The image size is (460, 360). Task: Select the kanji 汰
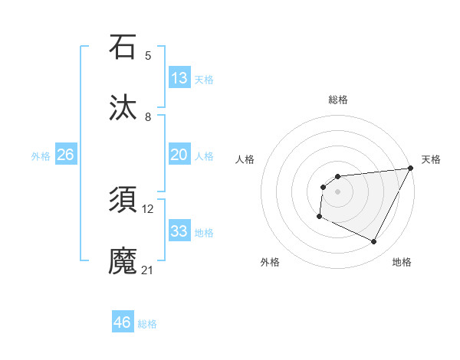point(123,107)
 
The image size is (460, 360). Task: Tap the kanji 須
point(123,201)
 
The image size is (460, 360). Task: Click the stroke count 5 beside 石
point(148,55)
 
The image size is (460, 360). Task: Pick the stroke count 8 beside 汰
point(148,117)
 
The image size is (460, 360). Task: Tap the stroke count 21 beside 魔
point(148,270)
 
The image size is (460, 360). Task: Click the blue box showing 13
point(179,78)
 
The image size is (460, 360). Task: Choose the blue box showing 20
point(179,155)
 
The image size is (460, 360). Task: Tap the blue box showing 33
point(179,231)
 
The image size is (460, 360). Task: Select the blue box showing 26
point(65,155)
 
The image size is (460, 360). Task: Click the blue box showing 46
point(123,322)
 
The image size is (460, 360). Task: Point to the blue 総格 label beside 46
point(147,324)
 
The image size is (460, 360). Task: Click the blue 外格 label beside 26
point(41,156)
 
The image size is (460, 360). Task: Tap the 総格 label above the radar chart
point(337,100)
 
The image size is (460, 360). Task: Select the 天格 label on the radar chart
point(431,159)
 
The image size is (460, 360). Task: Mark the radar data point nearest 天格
point(412,169)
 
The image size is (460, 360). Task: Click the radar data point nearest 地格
point(374,242)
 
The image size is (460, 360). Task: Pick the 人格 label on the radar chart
point(245,159)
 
